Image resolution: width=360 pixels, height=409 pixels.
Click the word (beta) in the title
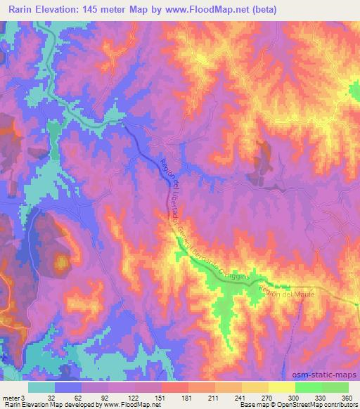[260, 10]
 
